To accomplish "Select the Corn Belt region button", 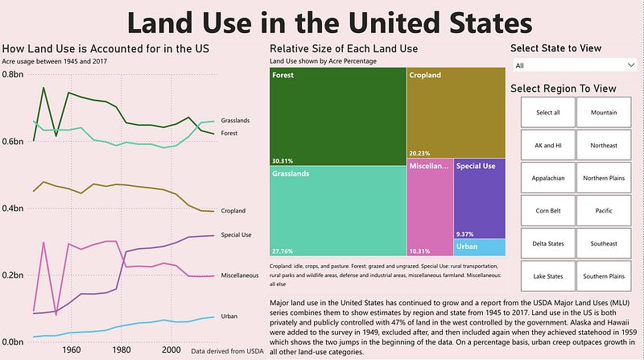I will coord(547,211).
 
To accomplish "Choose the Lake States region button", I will coord(547,276).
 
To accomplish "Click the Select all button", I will coord(547,113).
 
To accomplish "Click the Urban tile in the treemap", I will coord(480,247).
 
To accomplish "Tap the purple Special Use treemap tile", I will coord(479,197).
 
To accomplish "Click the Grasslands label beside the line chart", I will coord(235,120).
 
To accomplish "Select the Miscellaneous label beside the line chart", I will coord(239,275).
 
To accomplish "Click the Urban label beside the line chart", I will coord(229,317).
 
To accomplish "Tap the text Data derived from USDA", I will coord(227,350).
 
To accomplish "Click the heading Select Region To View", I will coord(563,88).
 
